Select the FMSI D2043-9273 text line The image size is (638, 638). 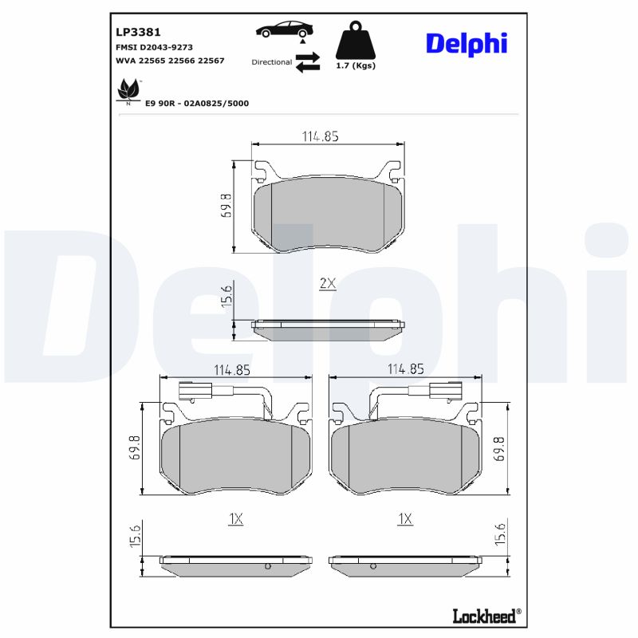pos(154,47)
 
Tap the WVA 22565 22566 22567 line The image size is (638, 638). pos(170,61)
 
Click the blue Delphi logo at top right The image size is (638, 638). pos(466,43)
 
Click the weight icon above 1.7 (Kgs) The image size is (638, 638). pos(355,40)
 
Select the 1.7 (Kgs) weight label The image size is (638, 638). pos(356,65)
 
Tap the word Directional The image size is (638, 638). pos(271,61)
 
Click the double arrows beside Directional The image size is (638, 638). pos(307,62)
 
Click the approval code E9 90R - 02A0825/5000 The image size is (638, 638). pos(196,103)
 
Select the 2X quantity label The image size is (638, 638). pos(328,284)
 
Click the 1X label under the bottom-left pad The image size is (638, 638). pos(235,518)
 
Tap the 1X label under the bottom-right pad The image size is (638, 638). pos(405,518)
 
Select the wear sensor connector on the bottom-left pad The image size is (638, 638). pos(189,392)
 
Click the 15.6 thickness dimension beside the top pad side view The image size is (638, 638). pos(226,296)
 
